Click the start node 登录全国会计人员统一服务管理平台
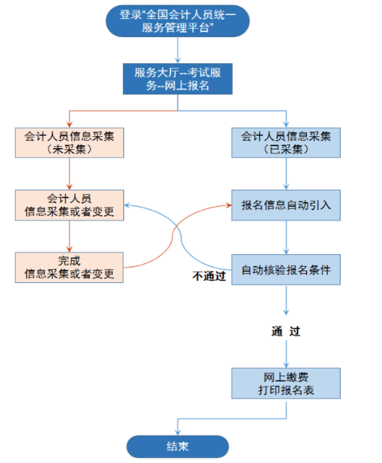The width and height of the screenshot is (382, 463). click(177, 21)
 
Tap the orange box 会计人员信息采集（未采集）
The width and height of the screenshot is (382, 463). click(69, 143)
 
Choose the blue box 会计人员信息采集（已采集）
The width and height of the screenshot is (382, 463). click(286, 143)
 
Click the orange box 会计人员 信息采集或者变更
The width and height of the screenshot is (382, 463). click(69, 205)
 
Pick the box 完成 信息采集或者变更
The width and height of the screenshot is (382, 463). click(69, 267)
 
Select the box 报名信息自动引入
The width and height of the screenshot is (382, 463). click(286, 205)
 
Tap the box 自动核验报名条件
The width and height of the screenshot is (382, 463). click(286, 269)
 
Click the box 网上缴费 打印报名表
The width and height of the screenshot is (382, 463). click(286, 383)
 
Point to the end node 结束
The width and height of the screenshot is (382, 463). click(177, 446)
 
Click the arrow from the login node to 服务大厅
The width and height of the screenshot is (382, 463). click(177, 51)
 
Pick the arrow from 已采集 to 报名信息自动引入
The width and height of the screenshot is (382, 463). click(286, 174)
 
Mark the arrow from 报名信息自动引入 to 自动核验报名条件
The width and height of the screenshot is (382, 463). click(286, 238)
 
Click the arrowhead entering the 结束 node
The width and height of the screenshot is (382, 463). click(177, 431)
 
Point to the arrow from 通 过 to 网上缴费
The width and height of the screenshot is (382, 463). click(286, 353)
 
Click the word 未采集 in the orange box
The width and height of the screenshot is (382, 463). click(69, 149)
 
